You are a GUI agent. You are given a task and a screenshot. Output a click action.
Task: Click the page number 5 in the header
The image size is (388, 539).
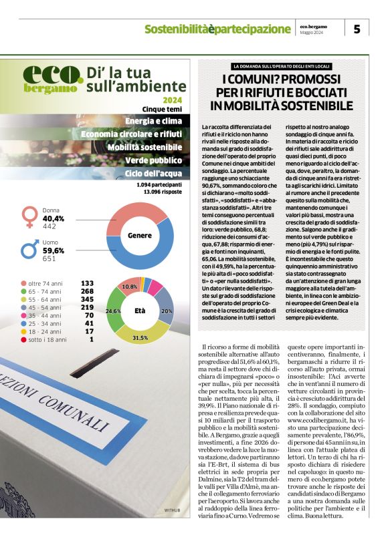(357, 29)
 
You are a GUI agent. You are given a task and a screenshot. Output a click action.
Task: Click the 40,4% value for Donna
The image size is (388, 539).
(54, 218)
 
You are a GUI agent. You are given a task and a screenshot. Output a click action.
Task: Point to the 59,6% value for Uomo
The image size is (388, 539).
(54, 250)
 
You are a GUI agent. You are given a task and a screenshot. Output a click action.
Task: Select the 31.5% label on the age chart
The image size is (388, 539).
(140, 339)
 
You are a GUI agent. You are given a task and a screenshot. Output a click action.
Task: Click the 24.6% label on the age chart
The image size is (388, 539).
(113, 311)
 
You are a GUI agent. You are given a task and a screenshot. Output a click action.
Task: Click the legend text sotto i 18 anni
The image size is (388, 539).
(47, 339)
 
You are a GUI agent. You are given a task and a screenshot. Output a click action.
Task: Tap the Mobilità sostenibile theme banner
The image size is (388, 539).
(144, 147)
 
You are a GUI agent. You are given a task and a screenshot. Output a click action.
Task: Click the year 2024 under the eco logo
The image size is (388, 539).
(171, 100)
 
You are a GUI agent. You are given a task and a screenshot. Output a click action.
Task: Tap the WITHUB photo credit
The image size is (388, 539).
(173, 530)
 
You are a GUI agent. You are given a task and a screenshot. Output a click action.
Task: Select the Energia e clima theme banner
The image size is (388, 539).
(153, 121)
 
